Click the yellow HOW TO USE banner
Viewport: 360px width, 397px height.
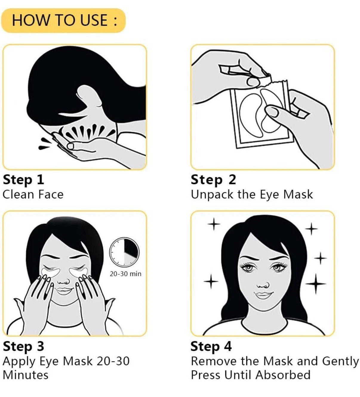click(63, 20)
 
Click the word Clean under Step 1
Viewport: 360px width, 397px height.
click(19, 194)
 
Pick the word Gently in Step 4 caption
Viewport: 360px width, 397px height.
click(340, 362)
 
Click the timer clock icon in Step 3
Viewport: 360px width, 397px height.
click(124, 252)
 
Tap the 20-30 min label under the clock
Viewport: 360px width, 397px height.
click(126, 274)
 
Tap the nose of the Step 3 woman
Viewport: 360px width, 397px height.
click(64, 281)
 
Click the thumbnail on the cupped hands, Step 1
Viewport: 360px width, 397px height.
click(70, 146)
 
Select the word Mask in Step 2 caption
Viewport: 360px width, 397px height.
click(298, 194)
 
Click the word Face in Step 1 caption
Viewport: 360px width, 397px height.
click(51, 194)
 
